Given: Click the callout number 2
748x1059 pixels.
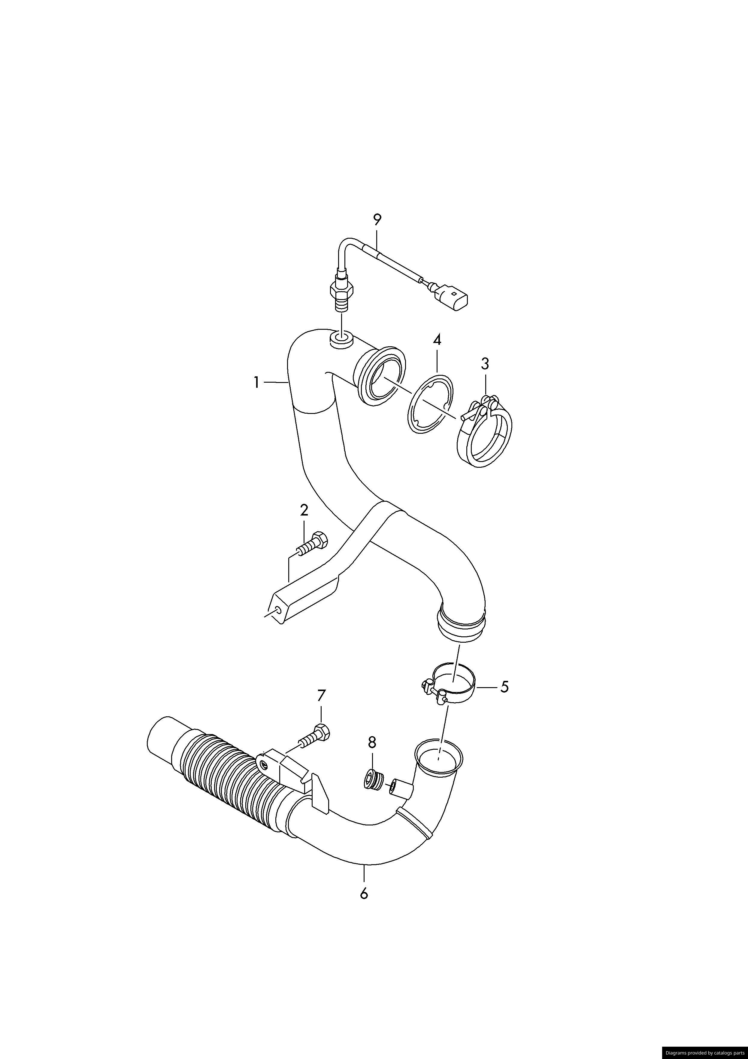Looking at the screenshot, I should pos(304,511).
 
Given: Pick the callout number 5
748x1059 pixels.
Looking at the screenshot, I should pos(504,700).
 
